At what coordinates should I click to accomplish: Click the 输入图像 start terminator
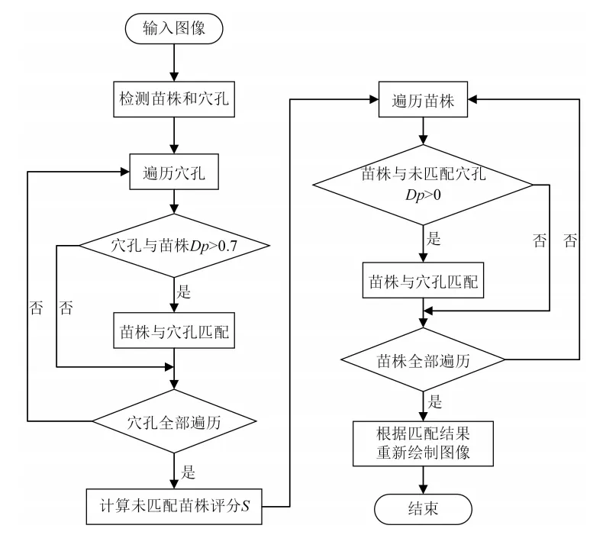click(x=175, y=29)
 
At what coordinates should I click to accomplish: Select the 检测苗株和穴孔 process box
click(x=175, y=101)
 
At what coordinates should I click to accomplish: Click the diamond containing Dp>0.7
click(x=175, y=245)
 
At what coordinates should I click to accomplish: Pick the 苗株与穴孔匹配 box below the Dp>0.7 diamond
click(x=175, y=331)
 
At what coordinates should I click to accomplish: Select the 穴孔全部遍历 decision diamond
click(x=175, y=420)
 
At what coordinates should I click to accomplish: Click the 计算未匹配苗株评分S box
click(x=175, y=505)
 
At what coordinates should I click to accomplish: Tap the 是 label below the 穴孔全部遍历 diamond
click(x=187, y=462)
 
